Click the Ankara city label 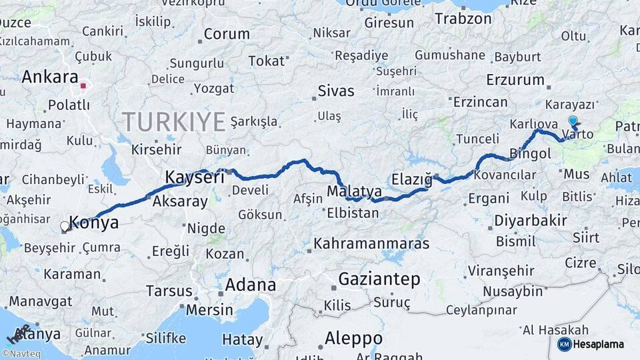pyautogui.click(x=50, y=77)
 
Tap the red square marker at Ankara pyautogui.click(x=83, y=86)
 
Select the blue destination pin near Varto pyautogui.click(x=573, y=121)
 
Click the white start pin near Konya pyautogui.click(x=65, y=227)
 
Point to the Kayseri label pyautogui.click(x=194, y=177)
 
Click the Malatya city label pyautogui.click(x=354, y=192)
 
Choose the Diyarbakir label pyautogui.click(x=531, y=221)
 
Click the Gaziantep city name pyautogui.click(x=379, y=279)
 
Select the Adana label pyautogui.click(x=250, y=285)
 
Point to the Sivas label pyautogui.click(x=336, y=91)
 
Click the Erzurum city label pyautogui.click(x=515, y=80)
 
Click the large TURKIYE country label pyautogui.click(x=173, y=122)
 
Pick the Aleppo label pyautogui.click(x=353, y=338)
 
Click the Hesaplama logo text pyautogui.click(x=599, y=344)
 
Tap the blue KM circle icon pyautogui.click(x=565, y=344)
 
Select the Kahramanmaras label pyautogui.click(x=371, y=243)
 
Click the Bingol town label pyautogui.click(x=530, y=154)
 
